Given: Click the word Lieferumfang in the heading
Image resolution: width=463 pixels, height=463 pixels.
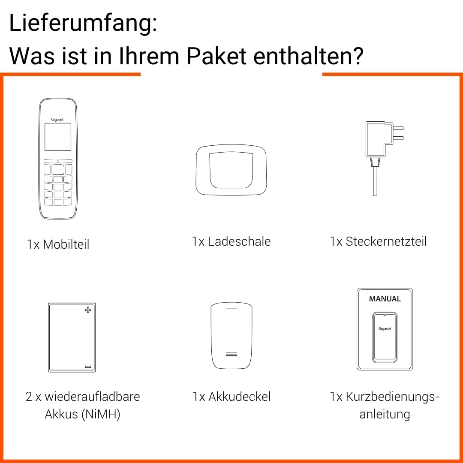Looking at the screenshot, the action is coord(80,23).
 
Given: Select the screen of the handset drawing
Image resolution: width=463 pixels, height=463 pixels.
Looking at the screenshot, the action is coord(58,137).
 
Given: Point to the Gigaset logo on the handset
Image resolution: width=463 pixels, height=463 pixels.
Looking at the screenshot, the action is coord(57,120).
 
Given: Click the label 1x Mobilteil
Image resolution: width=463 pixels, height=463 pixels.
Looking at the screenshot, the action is coord(58,244).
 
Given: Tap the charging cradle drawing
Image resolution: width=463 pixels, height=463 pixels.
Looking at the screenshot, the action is coord(231,169).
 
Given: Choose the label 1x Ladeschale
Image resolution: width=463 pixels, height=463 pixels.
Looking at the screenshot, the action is coord(231,241).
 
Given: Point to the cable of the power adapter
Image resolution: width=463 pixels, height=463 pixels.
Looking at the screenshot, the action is coord(375,181).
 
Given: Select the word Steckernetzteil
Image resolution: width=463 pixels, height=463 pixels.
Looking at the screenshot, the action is coord(386,241).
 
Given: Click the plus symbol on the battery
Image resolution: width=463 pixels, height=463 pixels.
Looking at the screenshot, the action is coord(88,310).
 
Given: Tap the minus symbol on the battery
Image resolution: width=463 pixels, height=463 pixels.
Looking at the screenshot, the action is coord(88,367).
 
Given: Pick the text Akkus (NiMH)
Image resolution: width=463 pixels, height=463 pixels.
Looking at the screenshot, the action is coord(83,414).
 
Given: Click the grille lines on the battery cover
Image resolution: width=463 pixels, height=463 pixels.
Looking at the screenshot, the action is coord(231,355).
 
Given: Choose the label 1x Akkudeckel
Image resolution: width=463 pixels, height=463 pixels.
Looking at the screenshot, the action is coord(231,397).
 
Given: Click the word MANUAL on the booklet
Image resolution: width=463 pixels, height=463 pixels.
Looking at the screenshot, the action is coord(385,299).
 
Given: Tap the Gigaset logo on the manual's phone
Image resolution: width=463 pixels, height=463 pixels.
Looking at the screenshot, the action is coord(385,329).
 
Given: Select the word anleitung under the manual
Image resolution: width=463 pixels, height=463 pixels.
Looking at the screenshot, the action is coord(385,414).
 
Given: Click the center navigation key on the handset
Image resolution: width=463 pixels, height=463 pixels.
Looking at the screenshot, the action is coord(58,169).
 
